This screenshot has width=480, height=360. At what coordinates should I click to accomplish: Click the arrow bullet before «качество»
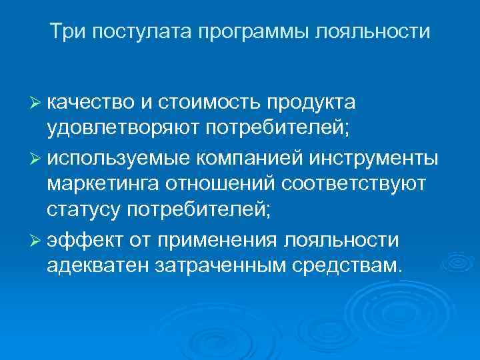pyautogui.click(x=37, y=101)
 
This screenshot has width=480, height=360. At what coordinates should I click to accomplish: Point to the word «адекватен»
pyautogui.click(x=99, y=267)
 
